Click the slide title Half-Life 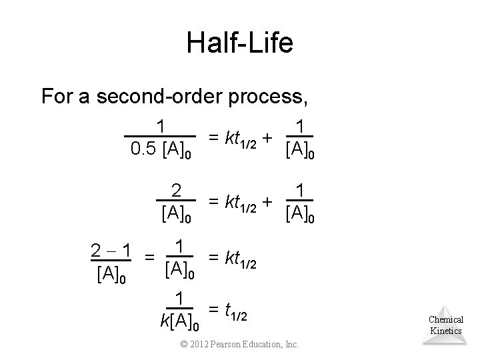pos(239,43)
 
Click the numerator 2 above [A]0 pos(176,190)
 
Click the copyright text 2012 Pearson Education pos(241,344)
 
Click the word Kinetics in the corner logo pos(446,331)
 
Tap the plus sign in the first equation pos(267,138)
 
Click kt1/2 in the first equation pos(238,138)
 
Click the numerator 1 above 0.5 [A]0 pos(161,125)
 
